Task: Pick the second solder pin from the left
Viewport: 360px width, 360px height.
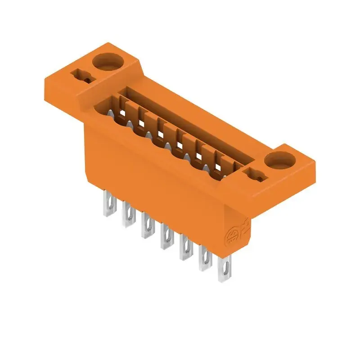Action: coord(127,216)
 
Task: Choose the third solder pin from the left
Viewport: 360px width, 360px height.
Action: coord(147,226)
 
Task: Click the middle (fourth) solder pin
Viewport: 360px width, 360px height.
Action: coord(166,237)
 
